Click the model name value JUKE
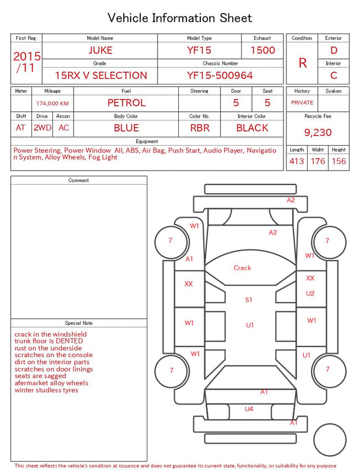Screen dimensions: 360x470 (100, 50)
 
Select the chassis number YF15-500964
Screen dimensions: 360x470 (220, 75)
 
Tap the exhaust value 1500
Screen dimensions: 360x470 (263, 50)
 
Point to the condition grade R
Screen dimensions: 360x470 (303, 63)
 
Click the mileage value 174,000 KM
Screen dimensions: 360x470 (52, 104)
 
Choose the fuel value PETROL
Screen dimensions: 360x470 (127, 103)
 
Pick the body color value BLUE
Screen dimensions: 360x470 (127, 128)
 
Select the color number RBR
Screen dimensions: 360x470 (200, 128)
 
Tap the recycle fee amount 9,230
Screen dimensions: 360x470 (318, 132)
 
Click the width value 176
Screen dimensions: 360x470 (318, 161)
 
